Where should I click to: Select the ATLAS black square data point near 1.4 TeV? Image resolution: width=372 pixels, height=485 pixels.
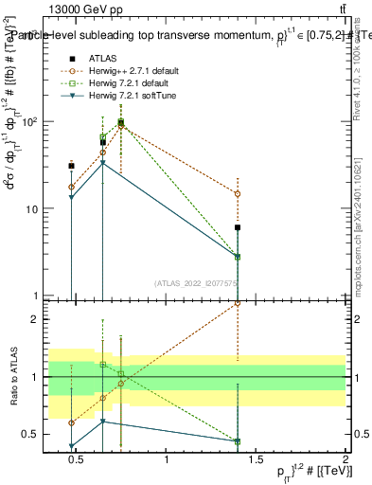[238, 227]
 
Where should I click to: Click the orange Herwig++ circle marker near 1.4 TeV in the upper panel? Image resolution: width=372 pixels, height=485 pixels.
[238, 193]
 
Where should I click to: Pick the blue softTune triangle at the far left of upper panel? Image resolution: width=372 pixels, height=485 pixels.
[71, 197]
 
